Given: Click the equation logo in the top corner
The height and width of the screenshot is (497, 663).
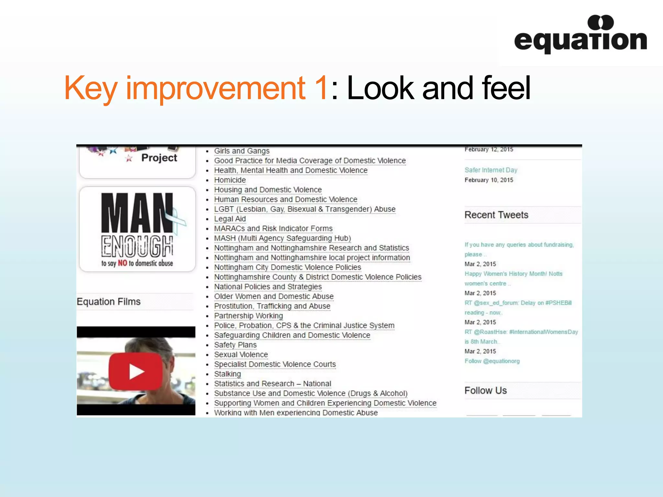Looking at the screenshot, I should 580,35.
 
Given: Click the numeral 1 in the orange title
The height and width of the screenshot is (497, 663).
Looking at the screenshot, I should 321,88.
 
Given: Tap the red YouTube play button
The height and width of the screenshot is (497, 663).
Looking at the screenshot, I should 136,371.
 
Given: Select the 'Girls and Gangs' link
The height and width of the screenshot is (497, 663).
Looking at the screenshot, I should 242,151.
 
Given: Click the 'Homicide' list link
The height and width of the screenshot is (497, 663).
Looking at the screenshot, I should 230,180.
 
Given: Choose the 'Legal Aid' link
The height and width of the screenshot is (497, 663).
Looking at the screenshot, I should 230,219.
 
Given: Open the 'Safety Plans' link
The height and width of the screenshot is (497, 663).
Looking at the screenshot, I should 235,345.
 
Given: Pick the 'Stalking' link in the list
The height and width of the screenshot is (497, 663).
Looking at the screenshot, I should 227,374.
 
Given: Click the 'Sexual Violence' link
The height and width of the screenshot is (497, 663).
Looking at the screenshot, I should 241,355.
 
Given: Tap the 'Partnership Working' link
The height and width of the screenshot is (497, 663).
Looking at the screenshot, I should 248,316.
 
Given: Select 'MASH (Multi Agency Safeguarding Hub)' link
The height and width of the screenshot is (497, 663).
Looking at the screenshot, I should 282,238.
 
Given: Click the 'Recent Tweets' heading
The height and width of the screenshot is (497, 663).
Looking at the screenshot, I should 496,215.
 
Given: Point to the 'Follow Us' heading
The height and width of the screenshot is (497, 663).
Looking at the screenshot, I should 486,391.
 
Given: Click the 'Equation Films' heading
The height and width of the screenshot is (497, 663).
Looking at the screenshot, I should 109,302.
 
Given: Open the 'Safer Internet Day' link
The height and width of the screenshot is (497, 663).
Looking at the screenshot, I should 491,170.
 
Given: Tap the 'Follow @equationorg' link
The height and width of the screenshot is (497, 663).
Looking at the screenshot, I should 492,361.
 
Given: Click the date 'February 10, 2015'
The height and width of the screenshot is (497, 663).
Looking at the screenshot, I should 489,180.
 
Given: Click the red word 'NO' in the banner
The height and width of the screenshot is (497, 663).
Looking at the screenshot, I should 122,263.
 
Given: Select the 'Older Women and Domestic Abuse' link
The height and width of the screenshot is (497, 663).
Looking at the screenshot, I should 274,297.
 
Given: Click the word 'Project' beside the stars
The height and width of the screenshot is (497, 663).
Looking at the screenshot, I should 159,158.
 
